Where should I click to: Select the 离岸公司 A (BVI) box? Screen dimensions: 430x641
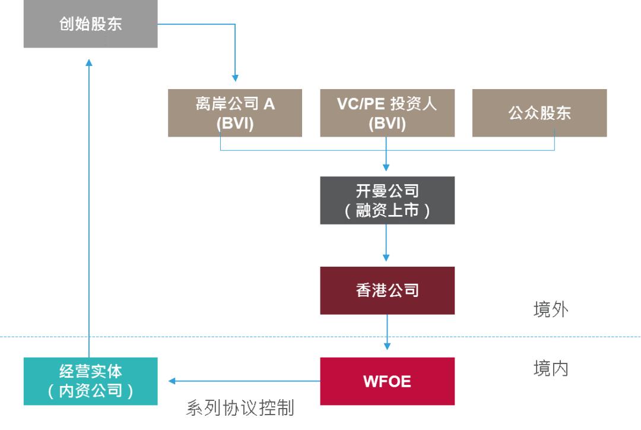click(235, 113)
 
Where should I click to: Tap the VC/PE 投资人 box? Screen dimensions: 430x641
click(388, 113)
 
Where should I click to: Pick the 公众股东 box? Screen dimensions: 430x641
click(540, 113)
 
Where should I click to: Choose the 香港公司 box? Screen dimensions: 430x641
click(388, 290)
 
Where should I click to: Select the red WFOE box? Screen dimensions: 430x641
click(388, 381)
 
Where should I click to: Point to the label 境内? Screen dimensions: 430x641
click(550, 369)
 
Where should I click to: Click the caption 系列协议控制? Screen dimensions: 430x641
click(240, 409)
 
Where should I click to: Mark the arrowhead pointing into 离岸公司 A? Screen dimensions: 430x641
click(235, 78)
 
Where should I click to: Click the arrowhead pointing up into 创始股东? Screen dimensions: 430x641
click(89, 62)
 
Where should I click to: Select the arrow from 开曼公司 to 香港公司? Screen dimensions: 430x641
click(388, 244)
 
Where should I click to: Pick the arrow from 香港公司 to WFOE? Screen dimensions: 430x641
click(388, 333)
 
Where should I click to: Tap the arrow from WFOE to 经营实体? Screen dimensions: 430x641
click(243, 381)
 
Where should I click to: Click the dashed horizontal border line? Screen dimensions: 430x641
click(178, 337)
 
